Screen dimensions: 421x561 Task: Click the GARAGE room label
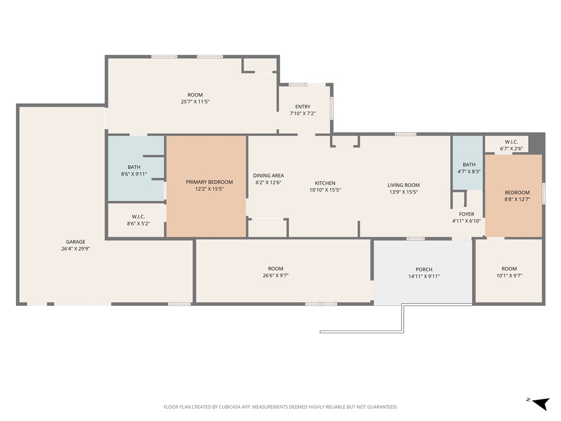point(76,242)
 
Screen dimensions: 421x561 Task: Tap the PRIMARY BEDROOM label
point(209,182)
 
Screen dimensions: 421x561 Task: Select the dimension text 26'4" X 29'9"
point(76,248)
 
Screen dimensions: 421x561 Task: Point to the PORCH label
point(423,269)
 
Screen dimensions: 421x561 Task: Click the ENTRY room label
point(302,107)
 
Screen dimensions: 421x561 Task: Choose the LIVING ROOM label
point(403,185)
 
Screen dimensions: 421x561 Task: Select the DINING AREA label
point(268,175)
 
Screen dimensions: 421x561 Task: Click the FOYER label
point(466,214)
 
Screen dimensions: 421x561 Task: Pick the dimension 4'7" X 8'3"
point(469,172)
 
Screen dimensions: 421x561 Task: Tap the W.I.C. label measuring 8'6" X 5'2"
point(138,217)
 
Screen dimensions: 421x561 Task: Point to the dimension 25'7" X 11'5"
point(195,101)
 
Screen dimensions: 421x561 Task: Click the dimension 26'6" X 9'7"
point(276,276)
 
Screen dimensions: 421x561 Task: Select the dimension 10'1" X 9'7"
point(509,276)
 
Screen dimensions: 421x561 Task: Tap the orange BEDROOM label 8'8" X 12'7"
point(517,192)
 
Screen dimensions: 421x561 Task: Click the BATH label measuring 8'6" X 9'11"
point(134,167)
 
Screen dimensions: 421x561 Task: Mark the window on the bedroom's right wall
point(543,194)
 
